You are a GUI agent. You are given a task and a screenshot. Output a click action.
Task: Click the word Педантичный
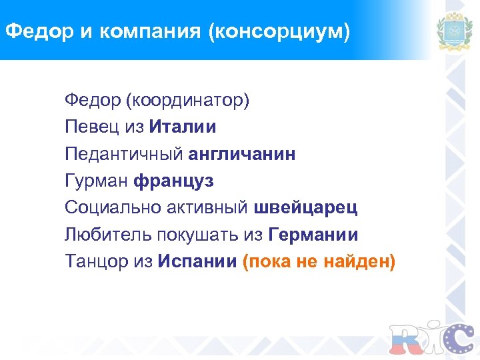click(124, 154)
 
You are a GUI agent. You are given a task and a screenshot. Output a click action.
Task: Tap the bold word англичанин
click(242, 154)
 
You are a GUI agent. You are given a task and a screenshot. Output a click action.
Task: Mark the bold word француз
click(173, 181)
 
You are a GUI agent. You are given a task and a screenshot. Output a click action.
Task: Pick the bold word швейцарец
click(306, 207)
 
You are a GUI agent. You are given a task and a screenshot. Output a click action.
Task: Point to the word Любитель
click(108, 234)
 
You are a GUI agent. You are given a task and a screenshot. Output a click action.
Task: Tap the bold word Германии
click(313, 234)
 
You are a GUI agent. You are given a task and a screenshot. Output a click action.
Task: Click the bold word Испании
click(197, 261)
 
